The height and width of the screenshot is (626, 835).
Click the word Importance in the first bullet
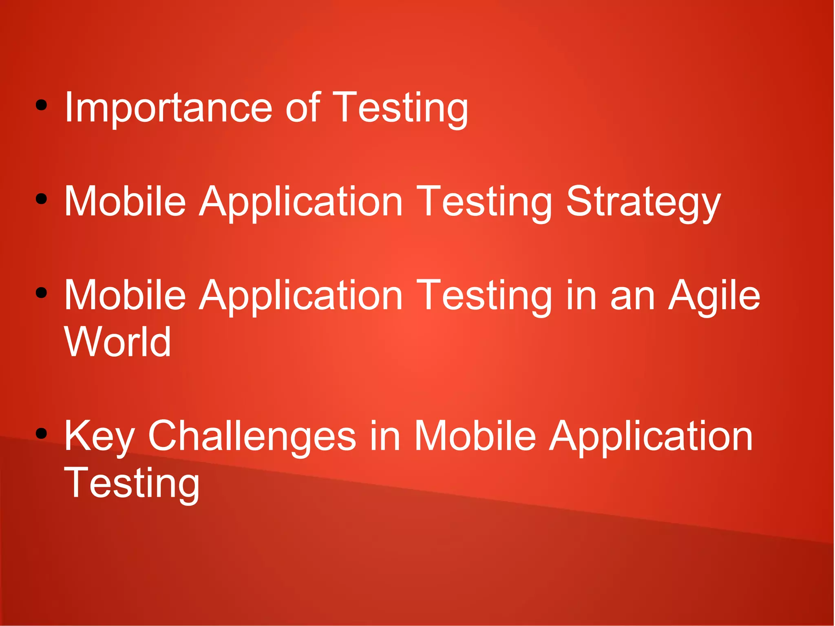[x=168, y=108]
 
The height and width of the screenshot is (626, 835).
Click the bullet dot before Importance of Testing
[x=41, y=106]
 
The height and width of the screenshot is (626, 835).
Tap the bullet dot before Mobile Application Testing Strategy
[x=41, y=199]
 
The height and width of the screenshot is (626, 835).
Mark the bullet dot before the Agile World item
[x=41, y=293]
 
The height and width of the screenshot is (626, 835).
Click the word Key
[x=99, y=436]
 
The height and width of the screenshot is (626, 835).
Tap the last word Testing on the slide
[x=132, y=483]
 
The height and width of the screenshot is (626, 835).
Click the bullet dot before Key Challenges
[x=41, y=434]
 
